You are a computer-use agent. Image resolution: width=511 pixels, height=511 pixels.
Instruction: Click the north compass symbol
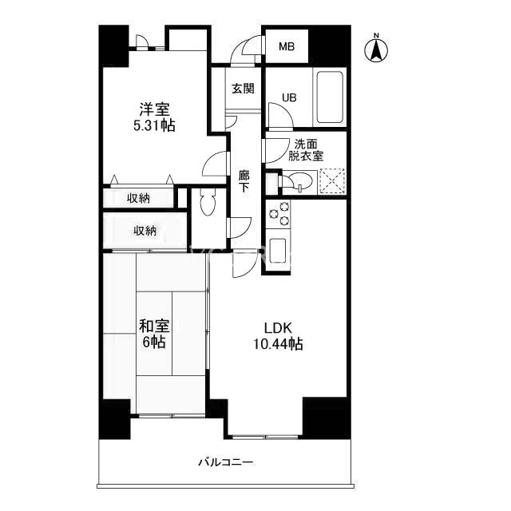click(x=376, y=49)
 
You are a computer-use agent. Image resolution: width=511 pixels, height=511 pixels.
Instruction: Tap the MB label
click(x=287, y=47)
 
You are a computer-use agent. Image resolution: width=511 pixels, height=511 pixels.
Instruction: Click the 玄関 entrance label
click(x=243, y=89)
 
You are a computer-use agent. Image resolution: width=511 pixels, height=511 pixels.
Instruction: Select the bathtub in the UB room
click(x=330, y=97)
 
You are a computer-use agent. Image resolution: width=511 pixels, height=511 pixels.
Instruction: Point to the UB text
click(x=289, y=97)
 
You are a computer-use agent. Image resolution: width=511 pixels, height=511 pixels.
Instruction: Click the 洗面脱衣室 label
click(x=306, y=150)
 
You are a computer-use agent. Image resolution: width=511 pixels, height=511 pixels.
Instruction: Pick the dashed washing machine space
click(x=332, y=181)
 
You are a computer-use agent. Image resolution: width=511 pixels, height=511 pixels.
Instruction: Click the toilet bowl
click(x=208, y=202)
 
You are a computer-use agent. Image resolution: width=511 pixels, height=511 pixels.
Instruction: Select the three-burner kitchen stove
click(x=279, y=214)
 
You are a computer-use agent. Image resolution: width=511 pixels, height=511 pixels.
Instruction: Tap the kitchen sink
click(x=277, y=250)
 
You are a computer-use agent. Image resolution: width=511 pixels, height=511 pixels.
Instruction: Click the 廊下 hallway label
click(x=244, y=182)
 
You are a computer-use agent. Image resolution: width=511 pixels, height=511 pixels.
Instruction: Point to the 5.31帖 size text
click(x=154, y=125)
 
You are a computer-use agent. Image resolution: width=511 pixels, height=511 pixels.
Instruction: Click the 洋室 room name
click(x=154, y=109)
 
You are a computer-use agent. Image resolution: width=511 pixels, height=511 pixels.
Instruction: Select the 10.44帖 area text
click(x=278, y=344)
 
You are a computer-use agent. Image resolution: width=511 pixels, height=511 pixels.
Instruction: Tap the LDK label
click(x=278, y=328)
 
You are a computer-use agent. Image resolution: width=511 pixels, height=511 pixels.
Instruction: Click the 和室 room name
click(x=154, y=327)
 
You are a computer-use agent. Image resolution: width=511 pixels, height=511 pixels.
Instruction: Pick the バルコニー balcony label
click(x=226, y=462)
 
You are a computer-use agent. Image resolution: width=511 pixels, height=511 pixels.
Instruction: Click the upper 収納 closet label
click(x=138, y=198)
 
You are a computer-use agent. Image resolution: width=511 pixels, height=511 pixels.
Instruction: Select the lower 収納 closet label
click(x=145, y=231)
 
